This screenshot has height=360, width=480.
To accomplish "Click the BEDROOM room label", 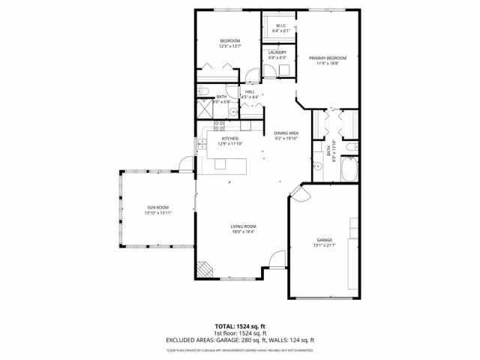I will click(x=229, y=40).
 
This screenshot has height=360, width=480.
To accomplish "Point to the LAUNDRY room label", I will click(x=277, y=52).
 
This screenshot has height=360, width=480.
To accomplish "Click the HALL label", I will click(x=250, y=91).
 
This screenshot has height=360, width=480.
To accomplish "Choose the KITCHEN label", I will click(x=229, y=138).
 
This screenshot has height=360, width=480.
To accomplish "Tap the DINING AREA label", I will click(x=286, y=133).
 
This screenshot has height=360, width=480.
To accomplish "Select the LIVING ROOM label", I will click(x=243, y=226).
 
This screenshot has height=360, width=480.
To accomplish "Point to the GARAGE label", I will click(x=324, y=240).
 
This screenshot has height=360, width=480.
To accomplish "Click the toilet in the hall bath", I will click(x=203, y=91).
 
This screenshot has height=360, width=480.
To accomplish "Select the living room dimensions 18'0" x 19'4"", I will click(x=243, y=232).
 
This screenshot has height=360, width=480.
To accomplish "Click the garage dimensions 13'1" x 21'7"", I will click(x=324, y=245).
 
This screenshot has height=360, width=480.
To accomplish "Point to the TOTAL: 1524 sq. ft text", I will click(x=240, y=325).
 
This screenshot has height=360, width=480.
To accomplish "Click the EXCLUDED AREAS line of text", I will click(x=240, y=340).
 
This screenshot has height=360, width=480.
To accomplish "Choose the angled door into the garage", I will click(x=299, y=194).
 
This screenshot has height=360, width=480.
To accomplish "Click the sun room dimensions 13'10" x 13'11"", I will click(x=158, y=213).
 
